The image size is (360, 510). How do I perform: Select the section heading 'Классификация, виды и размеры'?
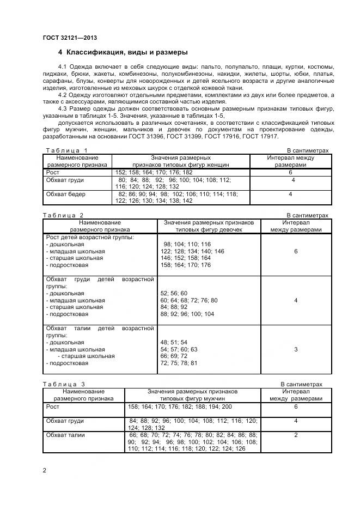point(127,53)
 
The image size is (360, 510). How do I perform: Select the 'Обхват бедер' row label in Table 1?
point(66,194)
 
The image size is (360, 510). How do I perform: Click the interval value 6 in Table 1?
point(291,172)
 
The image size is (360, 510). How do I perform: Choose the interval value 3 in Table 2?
point(295,349)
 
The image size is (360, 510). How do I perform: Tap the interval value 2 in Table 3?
point(296,435)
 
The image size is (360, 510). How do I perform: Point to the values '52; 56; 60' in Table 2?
point(174,293)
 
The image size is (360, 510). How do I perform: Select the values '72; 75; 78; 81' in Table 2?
point(179,363)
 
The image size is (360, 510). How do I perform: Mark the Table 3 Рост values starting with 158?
point(180,406)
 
